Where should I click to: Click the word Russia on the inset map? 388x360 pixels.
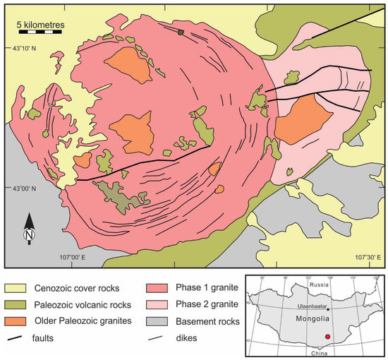320,285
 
